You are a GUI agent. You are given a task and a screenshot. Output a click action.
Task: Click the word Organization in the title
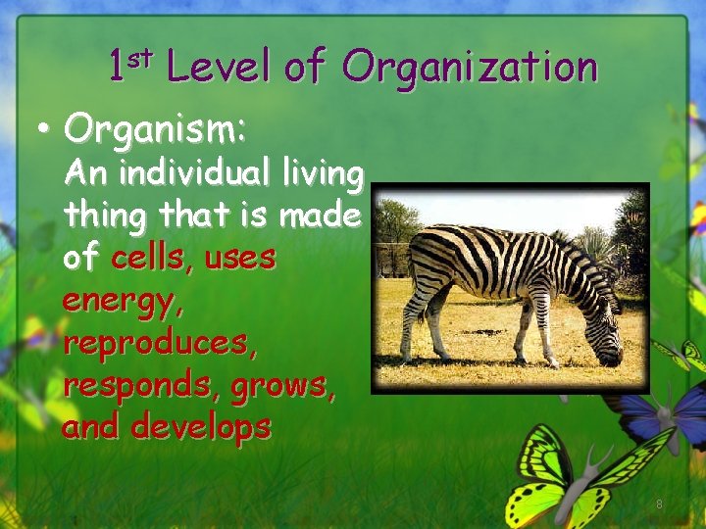[x=470, y=68]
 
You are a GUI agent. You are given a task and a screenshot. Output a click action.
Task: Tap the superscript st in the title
[x=142, y=57]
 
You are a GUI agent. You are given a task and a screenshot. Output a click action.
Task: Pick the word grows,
[x=283, y=386]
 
